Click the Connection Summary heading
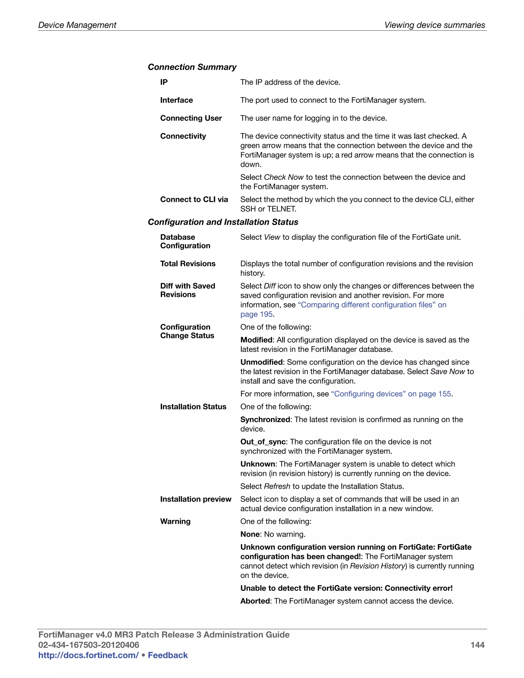pyautogui.click(x=192, y=67)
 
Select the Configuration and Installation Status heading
pyautogui.click(x=223, y=222)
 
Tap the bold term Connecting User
pyautogui.click(x=191, y=118)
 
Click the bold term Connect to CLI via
pyautogui.click(x=194, y=200)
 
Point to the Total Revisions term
pyautogui.click(x=188, y=264)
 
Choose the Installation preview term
pyautogui.click(x=195, y=499)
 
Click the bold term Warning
pyautogui.click(x=175, y=521)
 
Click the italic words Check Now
pyautogui.click(x=283, y=177)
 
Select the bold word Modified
pyautogui.click(x=256, y=340)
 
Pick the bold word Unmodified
pyautogui.click(x=261, y=362)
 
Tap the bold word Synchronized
pyautogui.click(x=265, y=420)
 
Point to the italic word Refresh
pyautogui.click(x=277, y=486)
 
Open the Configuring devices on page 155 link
pyautogui.click(x=391, y=394)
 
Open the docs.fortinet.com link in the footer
pyautogui.click(x=89, y=655)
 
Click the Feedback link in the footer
pyautogui.click(x=168, y=655)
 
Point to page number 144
pyautogui.click(x=477, y=645)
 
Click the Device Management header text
pyautogui.click(x=77, y=25)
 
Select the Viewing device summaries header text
pyautogui.click(x=435, y=25)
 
